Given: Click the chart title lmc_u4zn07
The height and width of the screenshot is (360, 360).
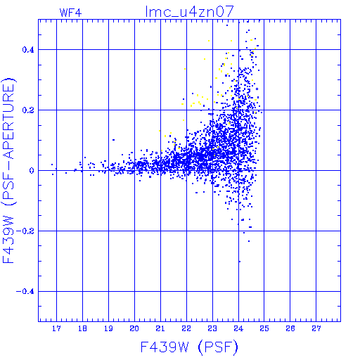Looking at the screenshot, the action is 189,12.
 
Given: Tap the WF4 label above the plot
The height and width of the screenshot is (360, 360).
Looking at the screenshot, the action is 70,13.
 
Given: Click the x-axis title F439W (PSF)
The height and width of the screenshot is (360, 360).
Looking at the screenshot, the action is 189,347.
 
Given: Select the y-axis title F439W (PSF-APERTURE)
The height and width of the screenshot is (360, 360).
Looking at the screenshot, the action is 9,171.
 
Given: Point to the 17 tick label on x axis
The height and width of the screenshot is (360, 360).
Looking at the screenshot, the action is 56,328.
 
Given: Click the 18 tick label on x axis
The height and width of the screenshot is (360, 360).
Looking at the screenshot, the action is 82,328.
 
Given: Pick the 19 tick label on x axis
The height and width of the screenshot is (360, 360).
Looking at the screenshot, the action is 108,328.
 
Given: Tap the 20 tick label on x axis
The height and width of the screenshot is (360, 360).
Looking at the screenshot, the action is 134,328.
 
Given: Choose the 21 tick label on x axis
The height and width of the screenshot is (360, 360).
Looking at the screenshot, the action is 160,328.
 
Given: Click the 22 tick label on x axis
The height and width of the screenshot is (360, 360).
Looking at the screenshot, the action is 186,328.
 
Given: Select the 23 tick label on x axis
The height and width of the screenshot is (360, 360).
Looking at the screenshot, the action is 212,328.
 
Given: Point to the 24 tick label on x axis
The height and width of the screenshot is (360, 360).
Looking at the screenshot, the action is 238,328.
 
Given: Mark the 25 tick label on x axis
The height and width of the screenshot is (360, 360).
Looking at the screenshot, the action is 264,328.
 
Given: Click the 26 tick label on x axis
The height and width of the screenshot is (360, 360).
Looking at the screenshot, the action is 290,328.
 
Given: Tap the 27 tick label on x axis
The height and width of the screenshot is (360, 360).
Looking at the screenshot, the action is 316,328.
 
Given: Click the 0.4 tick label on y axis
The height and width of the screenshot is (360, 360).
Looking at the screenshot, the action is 28,50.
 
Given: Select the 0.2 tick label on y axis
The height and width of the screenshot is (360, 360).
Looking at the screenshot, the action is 28,110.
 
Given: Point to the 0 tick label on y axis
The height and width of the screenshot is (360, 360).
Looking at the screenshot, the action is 32,171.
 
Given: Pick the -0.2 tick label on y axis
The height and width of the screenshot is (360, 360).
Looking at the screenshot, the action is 25,231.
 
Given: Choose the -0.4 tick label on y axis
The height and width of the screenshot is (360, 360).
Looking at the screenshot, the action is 25,292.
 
